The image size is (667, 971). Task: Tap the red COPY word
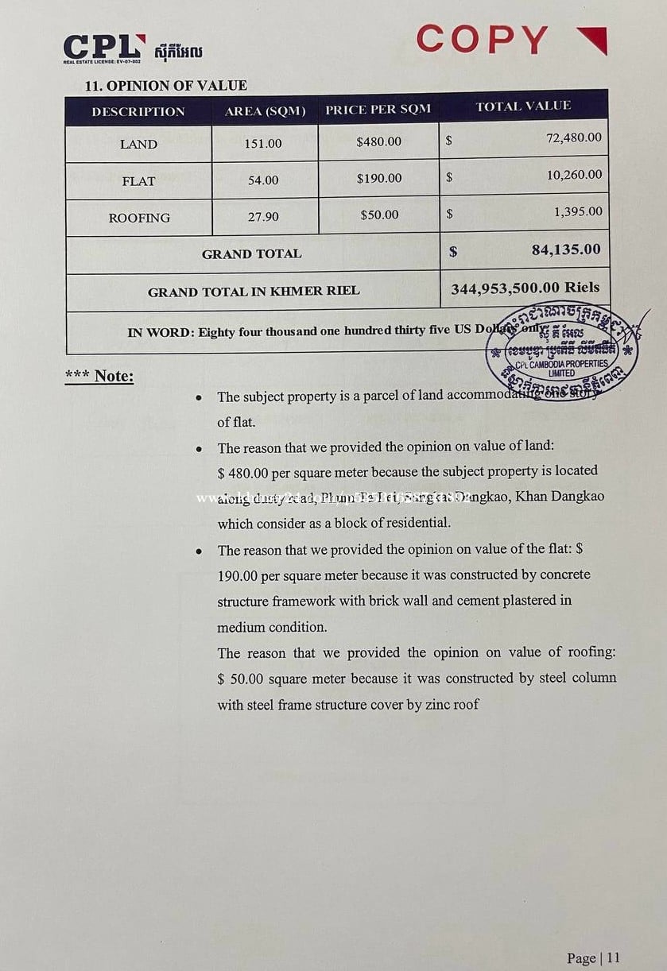tap(483, 39)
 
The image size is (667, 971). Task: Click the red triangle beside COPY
tap(591, 40)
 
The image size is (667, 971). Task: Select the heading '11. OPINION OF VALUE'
tap(165, 85)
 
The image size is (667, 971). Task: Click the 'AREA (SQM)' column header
tap(265, 111)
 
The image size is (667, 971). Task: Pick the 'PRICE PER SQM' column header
tap(378, 110)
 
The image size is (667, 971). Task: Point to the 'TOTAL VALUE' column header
tap(523, 106)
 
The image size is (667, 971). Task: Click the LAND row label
tap(138, 145)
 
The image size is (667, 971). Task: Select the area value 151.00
tap(263, 144)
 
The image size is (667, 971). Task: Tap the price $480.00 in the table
tap(379, 141)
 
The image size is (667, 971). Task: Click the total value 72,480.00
tap(574, 137)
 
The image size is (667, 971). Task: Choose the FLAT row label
tap(138, 181)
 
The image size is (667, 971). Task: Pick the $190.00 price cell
tap(379, 178)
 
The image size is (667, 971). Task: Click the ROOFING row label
tap(139, 218)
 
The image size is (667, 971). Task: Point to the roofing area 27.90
tap(263, 216)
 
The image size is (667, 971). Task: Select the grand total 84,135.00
tap(566, 250)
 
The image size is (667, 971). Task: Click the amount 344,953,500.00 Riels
tap(525, 288)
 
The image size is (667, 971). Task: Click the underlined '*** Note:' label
tap(99, 376)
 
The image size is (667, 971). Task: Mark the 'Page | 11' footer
tap(592, 957)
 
